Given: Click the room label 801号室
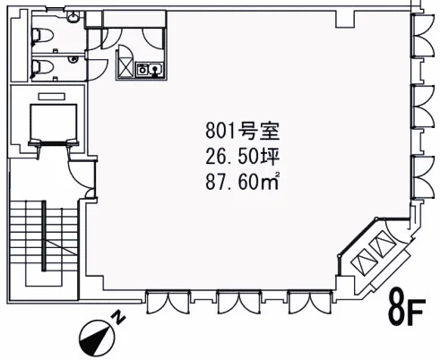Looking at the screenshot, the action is click(242, 131).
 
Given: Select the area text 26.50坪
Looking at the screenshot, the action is click(242, 156).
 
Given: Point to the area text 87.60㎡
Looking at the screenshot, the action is click(242, 181).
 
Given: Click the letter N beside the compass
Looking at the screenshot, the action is click(119, 317).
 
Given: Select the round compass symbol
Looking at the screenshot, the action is click(97, 338).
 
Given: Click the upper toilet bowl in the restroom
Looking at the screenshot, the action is click(42, 36).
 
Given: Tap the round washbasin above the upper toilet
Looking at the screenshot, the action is click(73, 17).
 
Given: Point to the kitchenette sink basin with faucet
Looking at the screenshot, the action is click(156, 69).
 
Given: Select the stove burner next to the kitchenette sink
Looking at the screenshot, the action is click(142, 69).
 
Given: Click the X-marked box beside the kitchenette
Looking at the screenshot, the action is click(125, 67).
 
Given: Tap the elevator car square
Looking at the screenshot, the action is click(54, 122).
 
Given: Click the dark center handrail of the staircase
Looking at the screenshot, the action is click(44, 236).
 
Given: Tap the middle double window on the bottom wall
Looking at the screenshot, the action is click(238, 302).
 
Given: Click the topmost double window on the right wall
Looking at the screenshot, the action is click(422, 35).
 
